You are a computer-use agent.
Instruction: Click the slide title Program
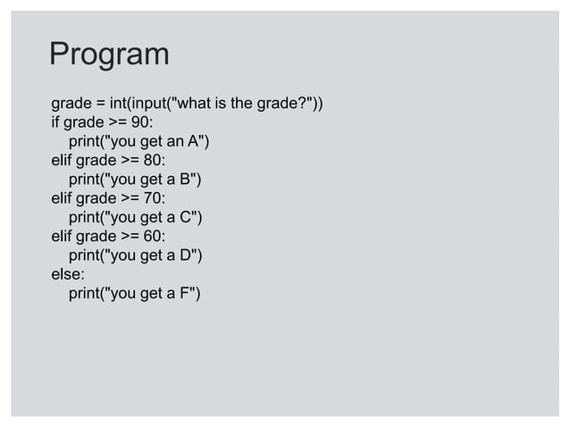point(108,54)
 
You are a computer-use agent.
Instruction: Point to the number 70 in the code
point(154,198)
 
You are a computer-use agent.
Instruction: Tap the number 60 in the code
point(154,237)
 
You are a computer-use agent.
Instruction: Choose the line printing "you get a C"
point(136,218)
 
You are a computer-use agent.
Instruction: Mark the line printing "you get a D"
point(136,256)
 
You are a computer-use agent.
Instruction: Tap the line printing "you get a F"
point(134,295)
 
